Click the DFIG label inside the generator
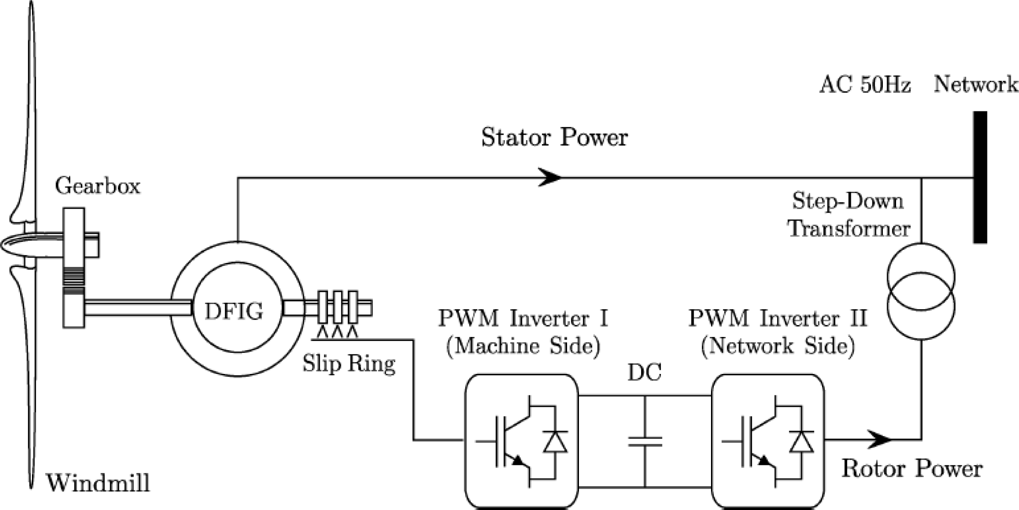(234, 311)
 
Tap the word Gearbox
(97, 186)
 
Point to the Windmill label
(98, 483)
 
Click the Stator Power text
(554, 137)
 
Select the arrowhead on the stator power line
(550, 177)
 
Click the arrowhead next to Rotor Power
(880, 440)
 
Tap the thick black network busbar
(980, 177)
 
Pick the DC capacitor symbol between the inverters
(645, 441)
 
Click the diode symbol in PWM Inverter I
(555, 442)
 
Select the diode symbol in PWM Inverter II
(801, 442)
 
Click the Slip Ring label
(349, 364)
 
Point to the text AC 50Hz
(865, 85)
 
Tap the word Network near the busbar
(976, 84)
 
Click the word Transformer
(849, 228)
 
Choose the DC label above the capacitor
(644, 373)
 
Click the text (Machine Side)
(523, 346)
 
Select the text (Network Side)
(777, 346)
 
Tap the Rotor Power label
(912, 469)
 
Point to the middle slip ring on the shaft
(338, 307)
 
